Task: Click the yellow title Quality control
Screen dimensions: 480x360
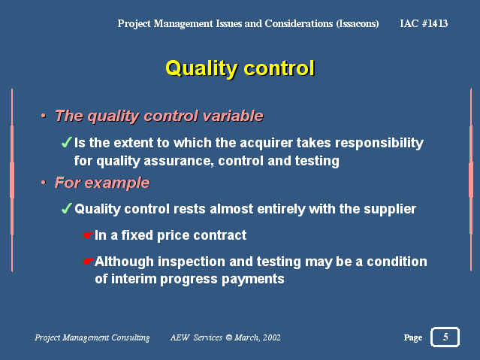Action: tap(240, 68)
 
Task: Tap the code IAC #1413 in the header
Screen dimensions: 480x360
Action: tap(424, 23)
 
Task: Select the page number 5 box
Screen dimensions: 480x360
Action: tap(445, 337)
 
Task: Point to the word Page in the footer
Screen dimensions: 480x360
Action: tap(412, 337)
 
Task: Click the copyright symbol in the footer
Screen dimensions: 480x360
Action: tap(228, 337)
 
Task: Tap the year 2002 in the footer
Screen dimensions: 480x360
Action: tap(271, 337)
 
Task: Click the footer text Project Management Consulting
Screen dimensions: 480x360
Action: tap(92, 337)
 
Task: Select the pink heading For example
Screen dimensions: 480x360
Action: tap(102, 183)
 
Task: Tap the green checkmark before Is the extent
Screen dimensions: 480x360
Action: tap(66, 142)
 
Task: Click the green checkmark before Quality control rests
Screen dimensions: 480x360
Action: tap(66, 208)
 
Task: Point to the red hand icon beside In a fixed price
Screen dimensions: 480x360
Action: tap(88, 235)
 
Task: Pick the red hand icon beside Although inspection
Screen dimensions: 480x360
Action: tap(88, 262)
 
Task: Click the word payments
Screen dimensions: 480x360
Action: tap(253, 280)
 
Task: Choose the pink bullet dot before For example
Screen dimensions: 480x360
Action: tap(44, 183)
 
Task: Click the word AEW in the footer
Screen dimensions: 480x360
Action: tap(180, 337)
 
